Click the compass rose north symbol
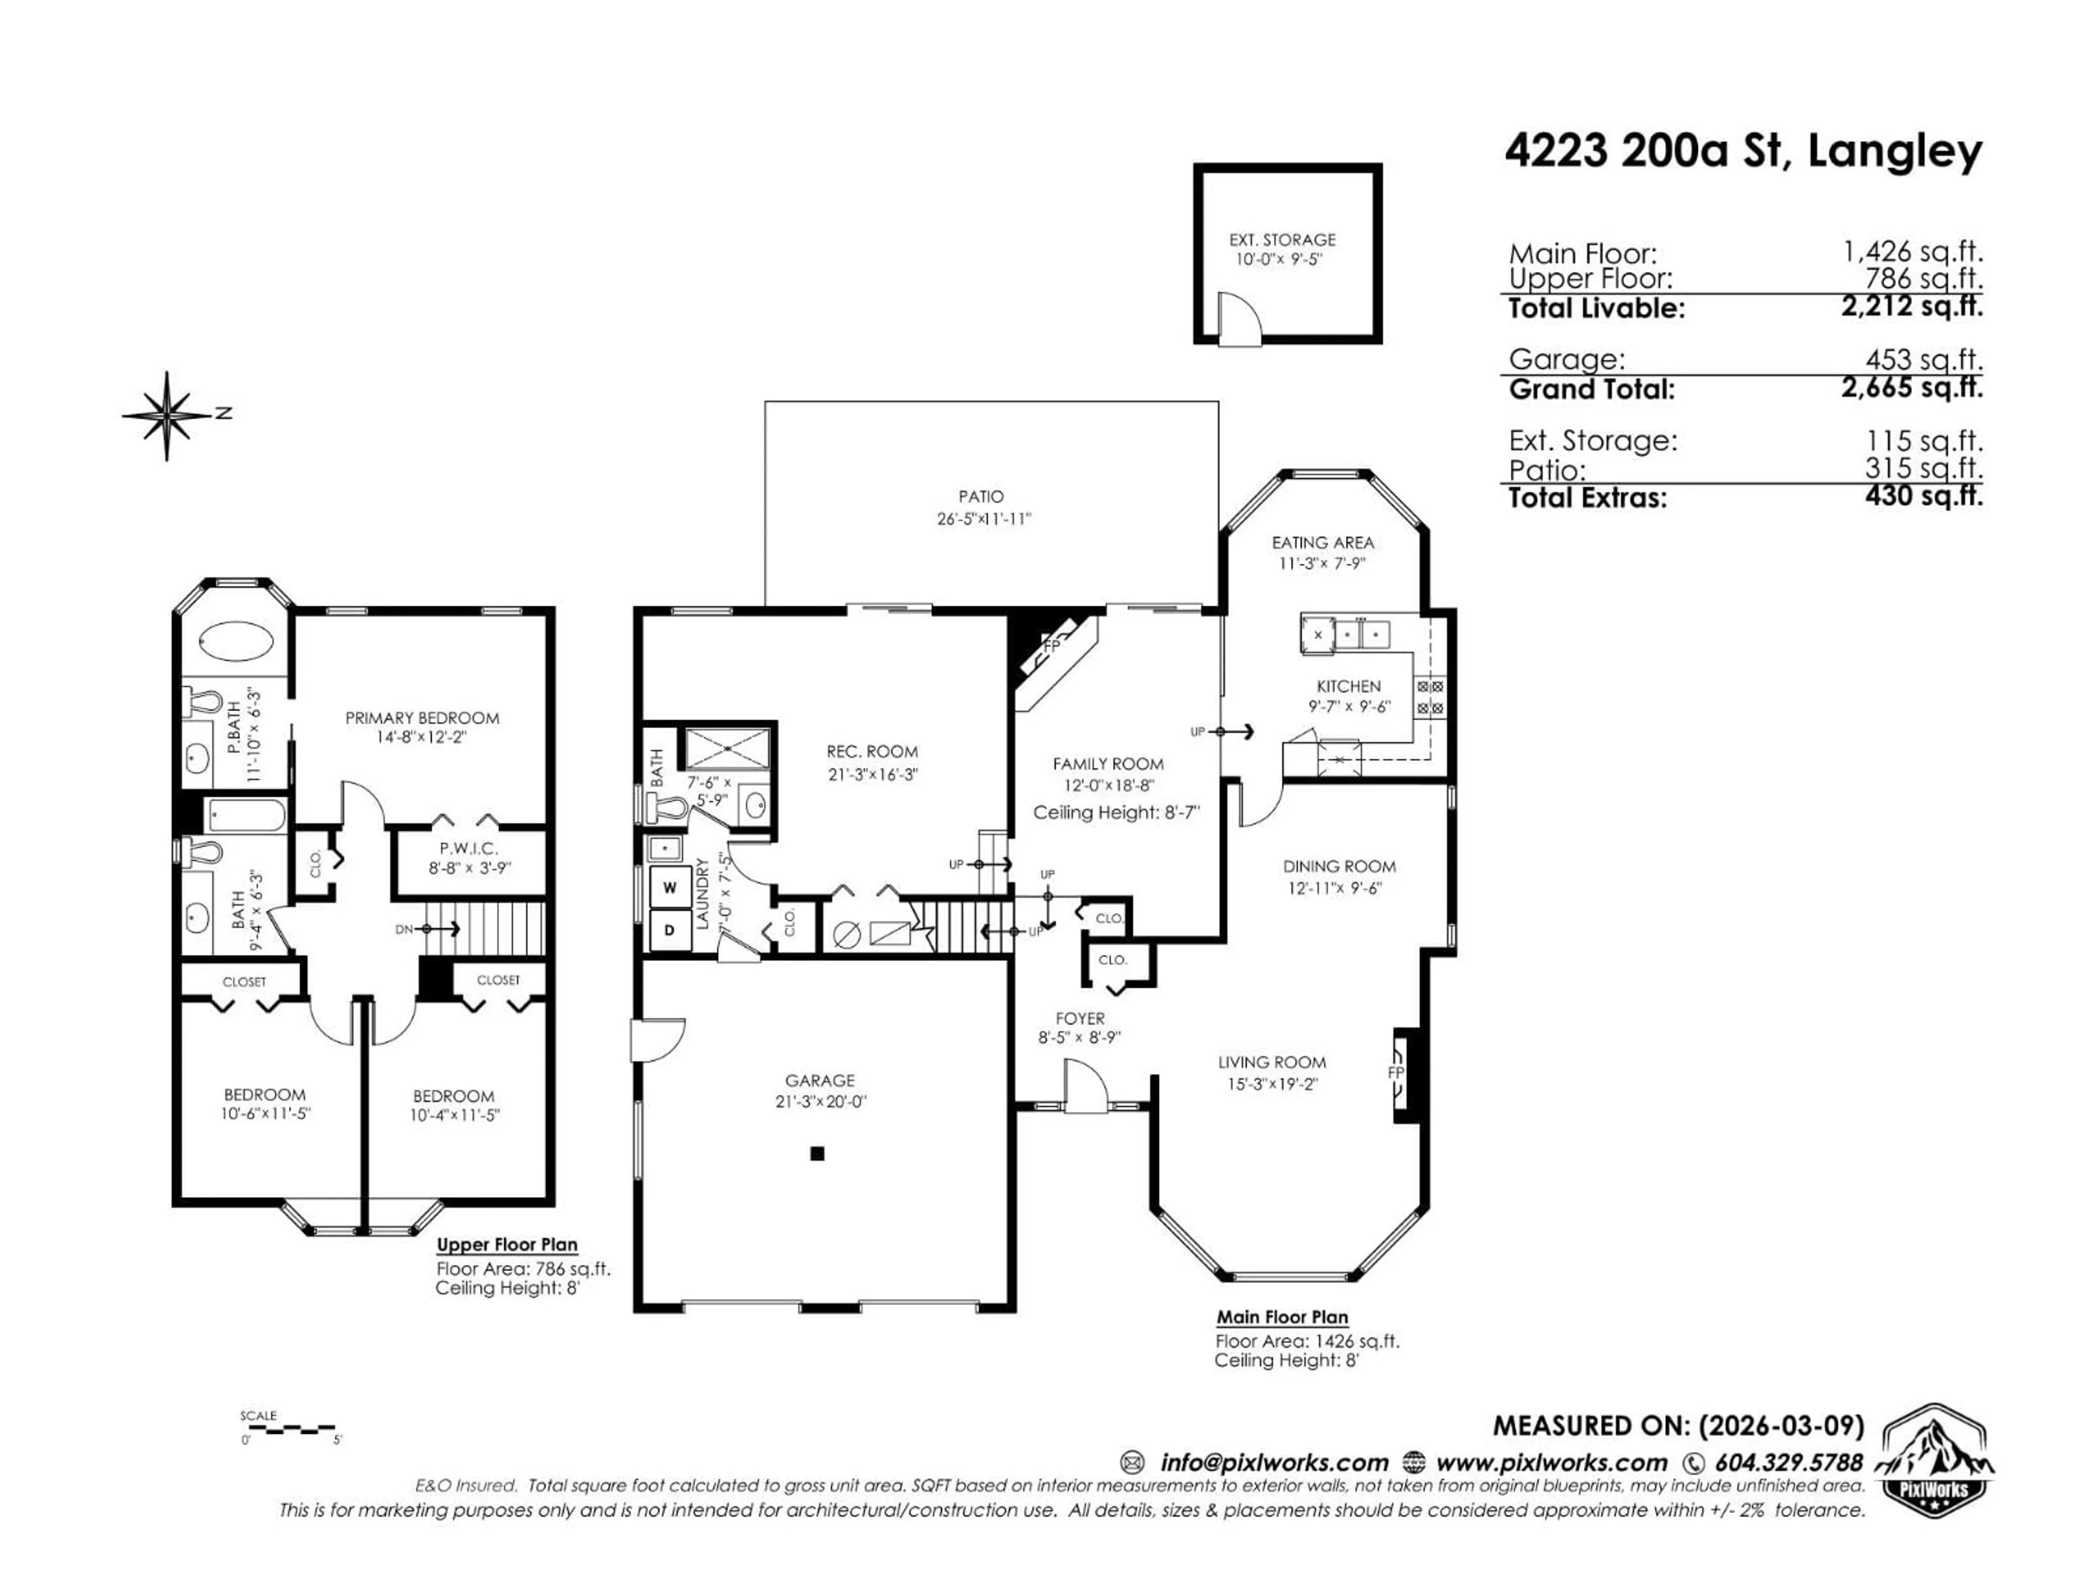pyautogui.click(x=168, y=414)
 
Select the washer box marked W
pyautogui.click(x=670, y=887)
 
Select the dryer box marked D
pyautogui.click(x=670, y=930)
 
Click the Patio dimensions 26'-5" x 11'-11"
pyautogui.click(x=983, y=518)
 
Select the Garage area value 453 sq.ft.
pyautogui.click(x=1923, y=360)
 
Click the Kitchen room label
pyautogui.click(x=1348, y=686)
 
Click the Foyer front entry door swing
pyautogui.click(x=1084, y=1084)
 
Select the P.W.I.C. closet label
pyautogui.click(x=468, y=849)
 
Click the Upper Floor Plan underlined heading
pyautogui.click(x=506, y=1245)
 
